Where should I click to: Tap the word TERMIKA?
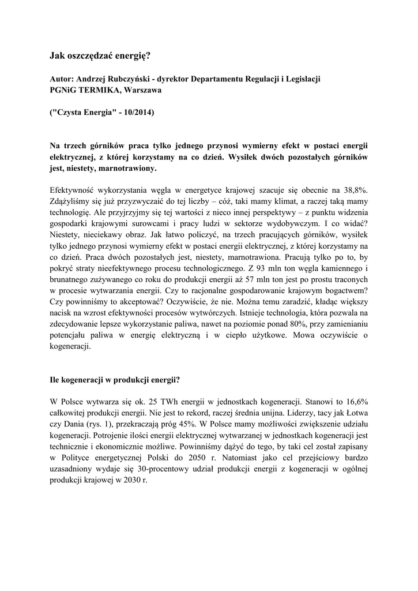(x=101, y=90)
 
